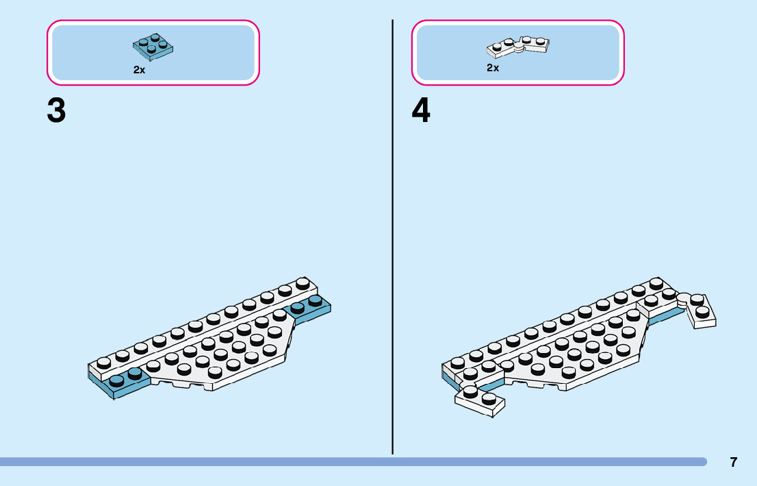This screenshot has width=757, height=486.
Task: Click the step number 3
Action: pyautogui.click(x=57, y=110)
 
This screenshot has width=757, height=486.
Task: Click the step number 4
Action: pyautogui.click(x=421, y=110)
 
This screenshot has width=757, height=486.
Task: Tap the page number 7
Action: pyautogui.click(x=734, y=462)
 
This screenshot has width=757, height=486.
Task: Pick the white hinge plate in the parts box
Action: pyautogui.click(x=519, y=47)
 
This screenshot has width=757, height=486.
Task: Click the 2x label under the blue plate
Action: pyautogui.click(x=139, y=70)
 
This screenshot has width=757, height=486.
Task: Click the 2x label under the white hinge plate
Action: pyautogui.click(x=493, y=68)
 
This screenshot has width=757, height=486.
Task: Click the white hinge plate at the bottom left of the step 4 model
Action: pyautogui.click(x=480, y=400)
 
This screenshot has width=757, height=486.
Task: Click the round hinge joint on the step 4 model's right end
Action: pyautogui.click(x=684, y=299)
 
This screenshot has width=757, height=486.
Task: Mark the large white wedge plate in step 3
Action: pyautogui.click(x=226, y=353)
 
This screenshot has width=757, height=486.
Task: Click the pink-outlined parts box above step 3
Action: pyautogui.click(x=153, y=53)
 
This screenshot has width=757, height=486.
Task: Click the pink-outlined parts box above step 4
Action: pyautogui.click(x=518, y=53)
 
